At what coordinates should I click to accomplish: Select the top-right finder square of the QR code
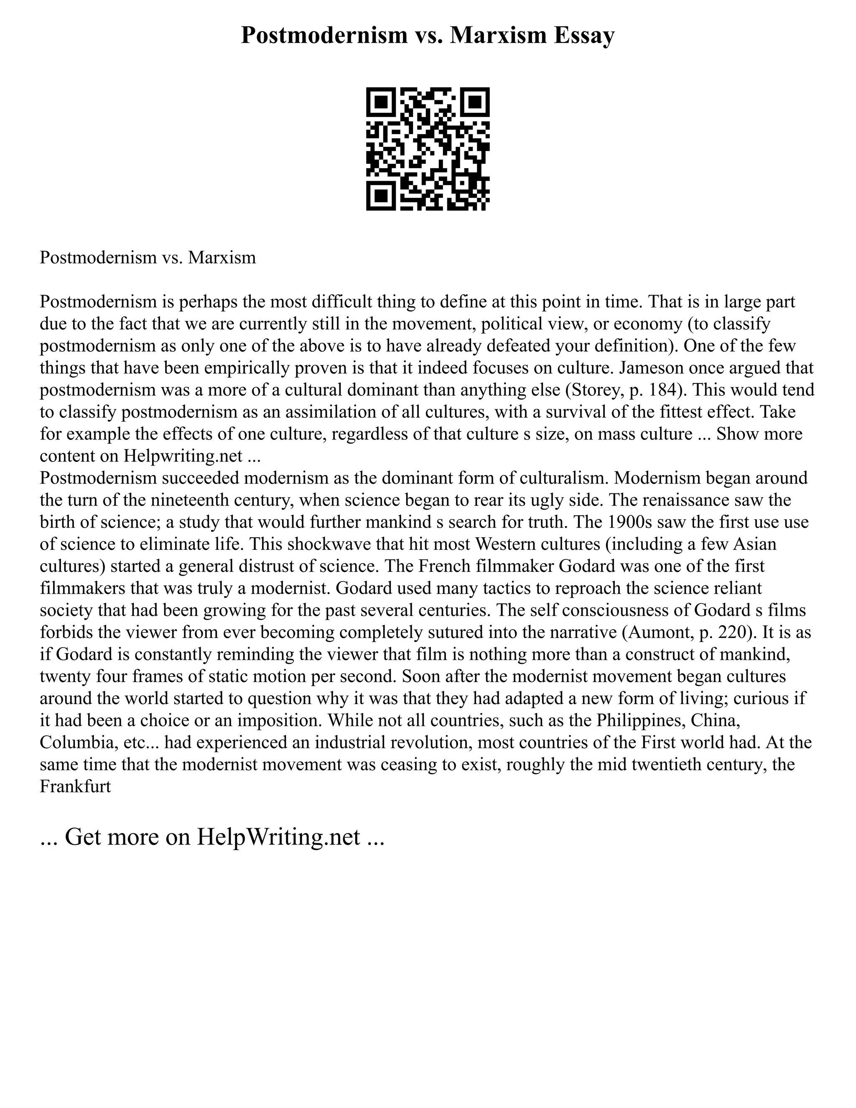[x=475, y=102]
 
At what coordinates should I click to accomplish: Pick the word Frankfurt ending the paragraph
[x=75, y=787]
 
